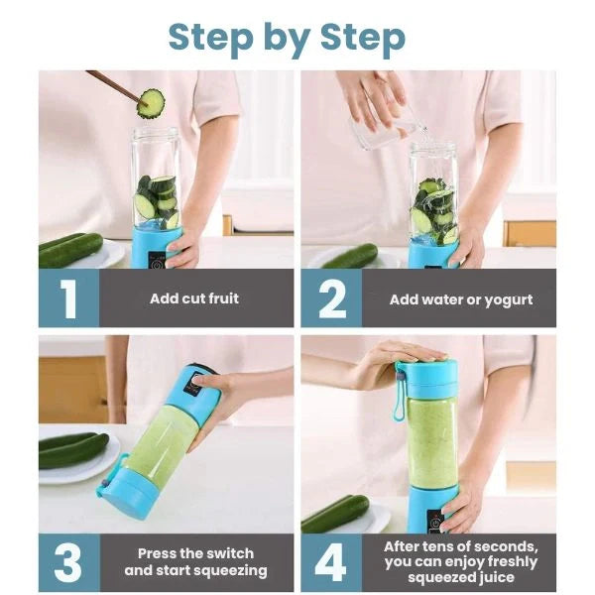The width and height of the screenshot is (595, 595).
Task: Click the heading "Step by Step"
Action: pos(287,37)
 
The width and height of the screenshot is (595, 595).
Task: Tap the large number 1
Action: pos(68,298)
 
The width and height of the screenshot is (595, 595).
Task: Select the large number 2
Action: pos(330,298)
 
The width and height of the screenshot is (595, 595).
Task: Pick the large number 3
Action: pos(68,562)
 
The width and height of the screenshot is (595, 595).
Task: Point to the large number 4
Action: pos(330,562)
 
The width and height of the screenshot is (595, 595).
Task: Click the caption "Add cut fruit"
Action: pos(194,298)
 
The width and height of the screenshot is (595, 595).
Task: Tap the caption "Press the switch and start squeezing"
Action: pos(195,562)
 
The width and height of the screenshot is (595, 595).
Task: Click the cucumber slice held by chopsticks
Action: pos(151,102)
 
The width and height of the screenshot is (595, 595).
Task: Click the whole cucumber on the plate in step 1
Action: pos(70,250)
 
